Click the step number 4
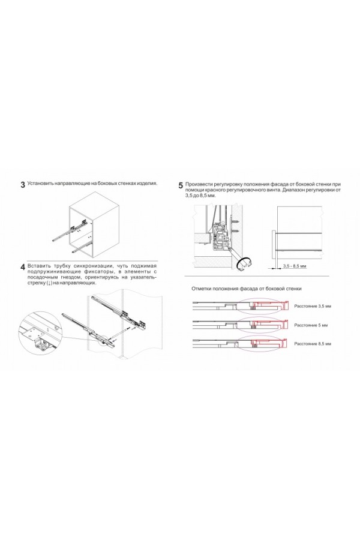coord(23,267)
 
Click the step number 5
coord(181,185)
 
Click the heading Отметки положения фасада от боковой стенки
coord(246,289)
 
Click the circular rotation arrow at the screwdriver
coord(245,262)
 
